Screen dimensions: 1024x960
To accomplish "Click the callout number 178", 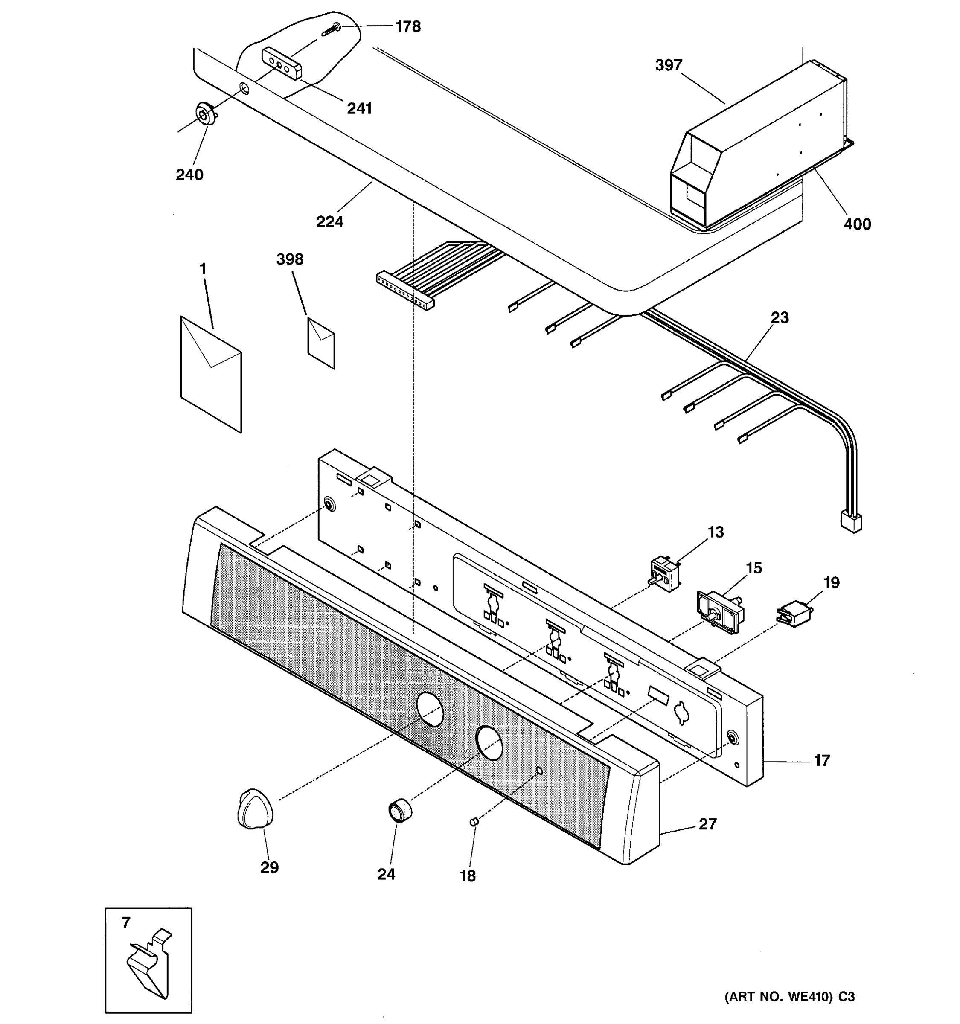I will click(407, 26).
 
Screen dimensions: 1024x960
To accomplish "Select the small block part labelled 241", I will click(282, 63).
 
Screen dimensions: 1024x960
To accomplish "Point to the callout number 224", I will click(330, 221).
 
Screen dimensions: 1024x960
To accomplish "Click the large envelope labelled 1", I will click(211, 373).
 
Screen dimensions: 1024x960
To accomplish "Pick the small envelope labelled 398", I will click(321, 343).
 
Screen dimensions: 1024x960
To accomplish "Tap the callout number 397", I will click(669, 65).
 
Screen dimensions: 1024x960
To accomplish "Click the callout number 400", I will click(857, 224).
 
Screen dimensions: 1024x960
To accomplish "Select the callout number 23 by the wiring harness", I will click(779, 317).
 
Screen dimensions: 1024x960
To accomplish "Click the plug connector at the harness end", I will click(850, 522).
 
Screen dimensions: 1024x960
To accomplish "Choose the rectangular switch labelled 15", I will click(720, 611).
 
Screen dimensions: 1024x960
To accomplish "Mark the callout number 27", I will click(707, 824).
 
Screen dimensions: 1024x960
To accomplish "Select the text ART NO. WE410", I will click(778, 997).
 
